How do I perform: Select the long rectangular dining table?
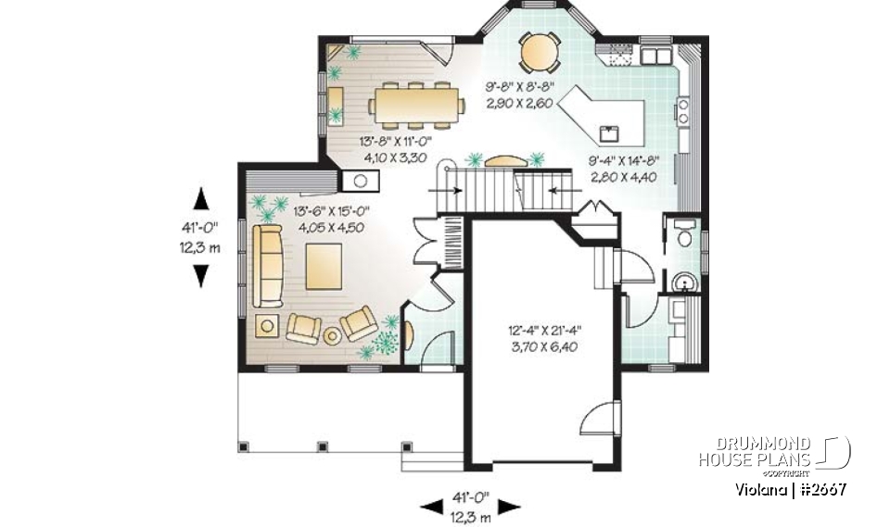pyautogui.click(x=416, y=103)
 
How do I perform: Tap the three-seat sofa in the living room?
pyautogui.click(x=269, y=267)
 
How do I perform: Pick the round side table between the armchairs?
pyautogui.click(x=332, y=335)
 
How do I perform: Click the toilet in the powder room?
pyautogui.click(x=685, y=235)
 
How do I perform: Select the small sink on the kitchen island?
pyautogui.click(x=609, y=132)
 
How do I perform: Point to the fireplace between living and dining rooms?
pyautogui.click(x=356, y=180)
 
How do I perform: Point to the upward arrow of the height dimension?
pyautogui.click(x=201, y=197)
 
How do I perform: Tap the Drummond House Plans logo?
pyautogui.click(x=774, y=452)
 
